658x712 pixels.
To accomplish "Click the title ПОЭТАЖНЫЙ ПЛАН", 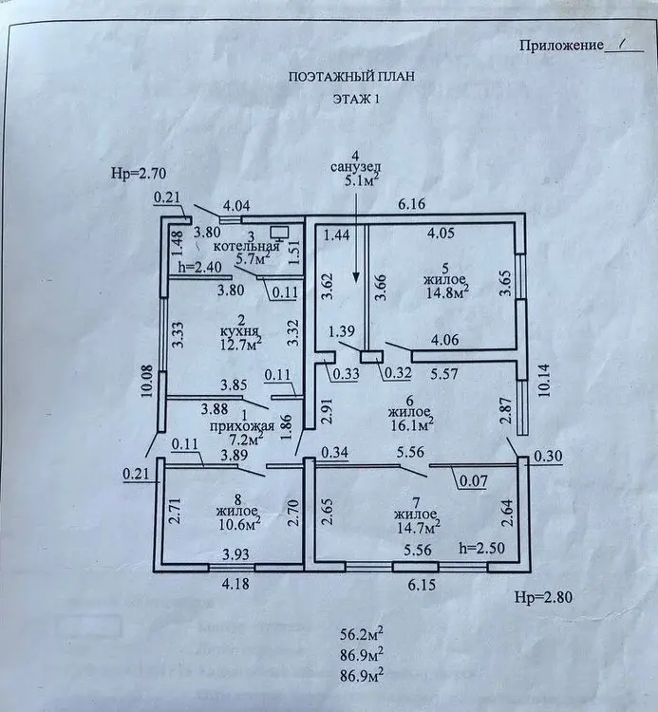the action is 351,76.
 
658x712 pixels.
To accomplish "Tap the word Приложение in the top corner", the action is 562,46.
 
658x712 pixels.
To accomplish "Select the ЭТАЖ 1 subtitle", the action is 356,99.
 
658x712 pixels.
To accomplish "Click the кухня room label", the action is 239,331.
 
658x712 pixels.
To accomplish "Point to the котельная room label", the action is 246,247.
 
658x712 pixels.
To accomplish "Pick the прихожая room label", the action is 242,426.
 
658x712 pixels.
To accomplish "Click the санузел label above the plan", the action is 355,167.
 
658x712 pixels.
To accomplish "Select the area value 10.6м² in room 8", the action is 238,523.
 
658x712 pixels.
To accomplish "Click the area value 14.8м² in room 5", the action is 447,291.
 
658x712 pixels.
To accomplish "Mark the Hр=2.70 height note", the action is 139,174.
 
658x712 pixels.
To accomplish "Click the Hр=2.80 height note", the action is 543,597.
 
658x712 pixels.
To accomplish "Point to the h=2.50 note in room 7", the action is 481,548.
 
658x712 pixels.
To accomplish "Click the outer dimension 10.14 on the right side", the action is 544,380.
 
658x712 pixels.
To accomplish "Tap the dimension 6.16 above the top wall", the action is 412,204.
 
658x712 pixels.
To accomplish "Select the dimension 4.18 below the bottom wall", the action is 235,583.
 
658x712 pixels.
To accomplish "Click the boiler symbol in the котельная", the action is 279,234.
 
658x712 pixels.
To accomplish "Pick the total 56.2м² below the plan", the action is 362,634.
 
